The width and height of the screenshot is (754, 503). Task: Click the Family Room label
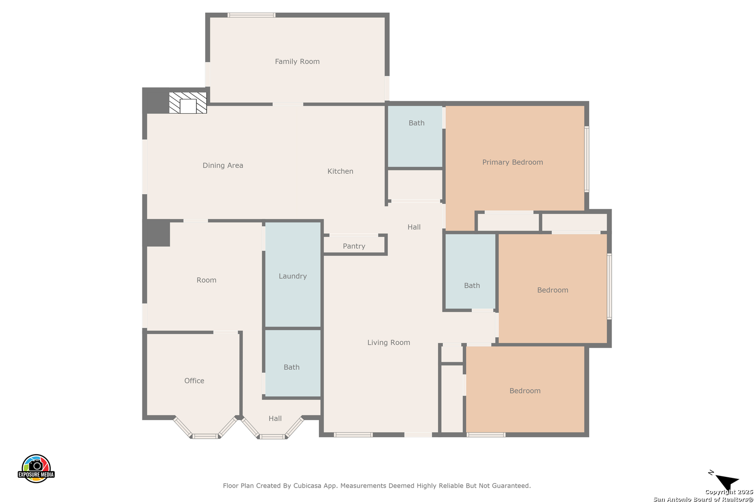click(297, 61)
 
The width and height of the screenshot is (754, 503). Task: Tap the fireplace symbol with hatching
click(188, 103)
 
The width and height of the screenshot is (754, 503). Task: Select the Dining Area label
click(223, 165)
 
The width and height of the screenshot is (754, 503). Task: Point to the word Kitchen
click(340, 171)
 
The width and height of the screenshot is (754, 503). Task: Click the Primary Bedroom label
click(512, 163)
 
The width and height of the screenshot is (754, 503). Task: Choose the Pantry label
click(354, 246)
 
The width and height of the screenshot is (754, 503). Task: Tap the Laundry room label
click(292, 276)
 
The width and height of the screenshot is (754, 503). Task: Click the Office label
click(194, 381)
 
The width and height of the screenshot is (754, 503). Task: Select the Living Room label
click(389, 343)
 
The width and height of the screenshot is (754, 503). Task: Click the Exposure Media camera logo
click(36, 468)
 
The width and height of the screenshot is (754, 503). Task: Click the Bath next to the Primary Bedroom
click(417, 123)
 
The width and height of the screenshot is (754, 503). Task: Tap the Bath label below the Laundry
click(291, 367)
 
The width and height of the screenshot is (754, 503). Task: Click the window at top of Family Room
click(251, 15)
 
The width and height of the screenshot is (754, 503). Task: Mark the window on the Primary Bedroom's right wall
click(587, 159)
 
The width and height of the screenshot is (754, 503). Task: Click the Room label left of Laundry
click(206, 280)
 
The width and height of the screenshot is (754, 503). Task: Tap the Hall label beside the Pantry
click(414, 227)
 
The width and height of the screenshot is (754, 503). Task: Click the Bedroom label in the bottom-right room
click(525, 391)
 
